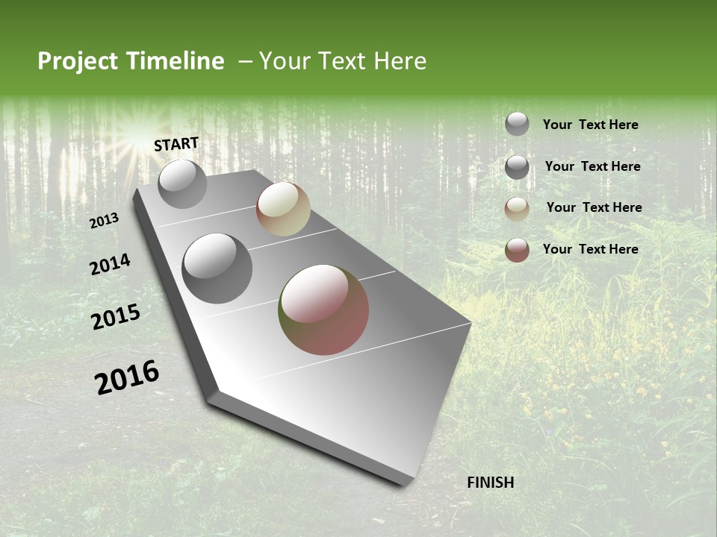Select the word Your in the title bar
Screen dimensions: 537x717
click(x=284, y=61)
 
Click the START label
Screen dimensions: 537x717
click(x=176, y=144)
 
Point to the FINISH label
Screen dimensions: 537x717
click(x=490, y=483)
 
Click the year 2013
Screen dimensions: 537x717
click(x=105, y=221)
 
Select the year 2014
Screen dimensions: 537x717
click(x=110, y=265)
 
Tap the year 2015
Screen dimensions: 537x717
click(x=116, y=317)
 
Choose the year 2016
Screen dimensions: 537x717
click(x=127, y=377)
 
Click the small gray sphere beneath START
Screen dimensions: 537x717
click(x=182, y=183)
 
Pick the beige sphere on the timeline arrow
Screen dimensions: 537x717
click(x=283, y=209)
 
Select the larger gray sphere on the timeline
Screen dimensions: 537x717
click(x=217, y=268)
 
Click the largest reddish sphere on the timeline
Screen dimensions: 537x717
click(x=323, y=310)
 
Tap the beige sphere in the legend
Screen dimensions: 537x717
click(x=517, y=209)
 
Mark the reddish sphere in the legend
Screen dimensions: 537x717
click(x=517, y=250)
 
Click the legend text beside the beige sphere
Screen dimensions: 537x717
click(x=594, y=207)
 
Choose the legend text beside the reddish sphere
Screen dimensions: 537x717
click(x=590, y=249)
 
